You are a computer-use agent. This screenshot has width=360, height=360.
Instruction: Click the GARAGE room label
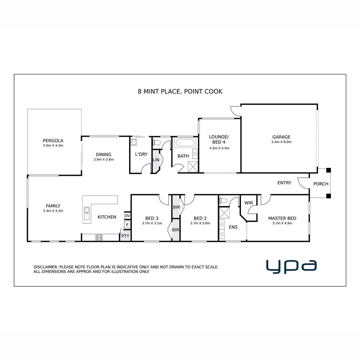click(281, 137)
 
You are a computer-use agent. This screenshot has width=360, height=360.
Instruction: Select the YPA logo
click(291, 266)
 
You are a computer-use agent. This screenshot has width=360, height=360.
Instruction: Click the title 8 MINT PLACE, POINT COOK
click(180, 91)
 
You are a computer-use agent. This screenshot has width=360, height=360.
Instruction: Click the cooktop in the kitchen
click(99, 237)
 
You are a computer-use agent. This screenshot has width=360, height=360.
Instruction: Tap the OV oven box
click(127, 216)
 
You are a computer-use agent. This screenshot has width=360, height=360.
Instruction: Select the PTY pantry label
click(125, 236)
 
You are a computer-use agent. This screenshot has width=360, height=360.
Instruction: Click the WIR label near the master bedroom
click(248, 203)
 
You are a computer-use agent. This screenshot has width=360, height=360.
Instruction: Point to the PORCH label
click(321, 184)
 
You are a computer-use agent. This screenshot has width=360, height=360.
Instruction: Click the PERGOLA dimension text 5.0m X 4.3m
click(53, 146)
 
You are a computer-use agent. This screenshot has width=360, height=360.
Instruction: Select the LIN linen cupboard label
click(156, 160)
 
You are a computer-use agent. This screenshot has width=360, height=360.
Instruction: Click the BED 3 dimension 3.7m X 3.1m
click(151, 223)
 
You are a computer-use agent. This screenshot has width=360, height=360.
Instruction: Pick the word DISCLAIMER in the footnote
click(45, 267)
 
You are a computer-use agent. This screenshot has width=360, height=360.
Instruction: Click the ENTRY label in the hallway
click(284, 183)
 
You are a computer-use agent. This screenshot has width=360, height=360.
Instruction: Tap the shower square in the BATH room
click(193, 166)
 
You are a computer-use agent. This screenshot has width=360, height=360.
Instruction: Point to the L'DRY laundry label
click(141, 154)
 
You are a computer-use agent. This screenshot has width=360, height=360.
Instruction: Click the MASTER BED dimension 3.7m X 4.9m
click(282, 223)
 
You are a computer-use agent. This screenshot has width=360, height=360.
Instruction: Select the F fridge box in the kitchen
click(127, 225)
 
